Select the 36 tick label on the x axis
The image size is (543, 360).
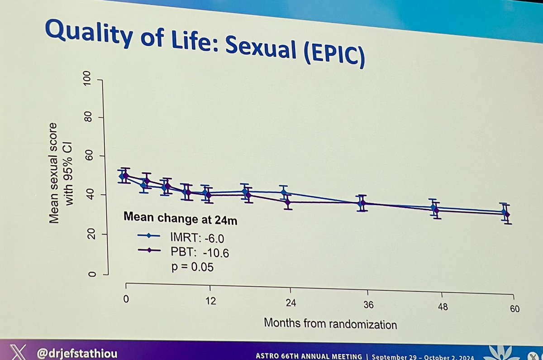click(367, 305)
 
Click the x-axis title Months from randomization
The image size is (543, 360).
click(330, 324)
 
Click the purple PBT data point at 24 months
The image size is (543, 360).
click(288, 202)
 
